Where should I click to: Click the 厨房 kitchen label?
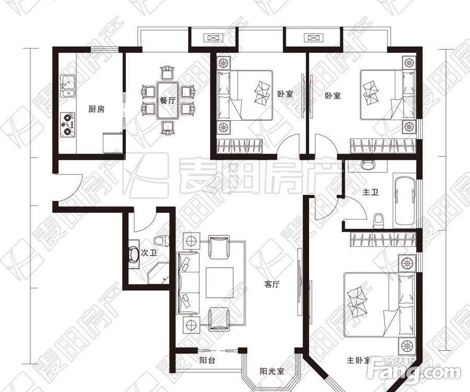pos(97,109)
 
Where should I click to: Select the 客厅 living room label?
pos(272,284)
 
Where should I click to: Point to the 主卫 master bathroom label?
pos(370,192)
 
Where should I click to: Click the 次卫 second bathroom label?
pos(149,253)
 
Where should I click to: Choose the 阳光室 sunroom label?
pos(272,371)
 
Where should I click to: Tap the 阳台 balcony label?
pos(207,360)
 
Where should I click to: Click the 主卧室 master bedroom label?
pos(358,360)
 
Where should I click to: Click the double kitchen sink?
pos(68,86)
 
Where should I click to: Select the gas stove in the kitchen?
pos(68,124)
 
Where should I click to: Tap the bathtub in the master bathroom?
pos(405,201)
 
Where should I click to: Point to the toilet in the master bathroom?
pos(378,221)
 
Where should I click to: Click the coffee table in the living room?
pos(219,283)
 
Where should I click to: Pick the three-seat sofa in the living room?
pos(188,283)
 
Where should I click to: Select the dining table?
pos(168,100)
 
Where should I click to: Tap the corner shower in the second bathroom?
pos(158,273)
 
